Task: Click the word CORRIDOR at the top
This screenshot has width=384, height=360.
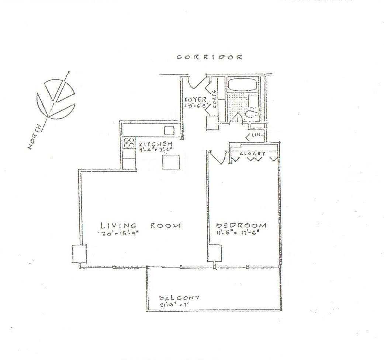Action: (x=209, y=57)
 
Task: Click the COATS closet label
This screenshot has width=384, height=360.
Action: (x=214, y=98)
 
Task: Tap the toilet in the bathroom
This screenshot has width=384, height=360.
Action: (x=255, y=115)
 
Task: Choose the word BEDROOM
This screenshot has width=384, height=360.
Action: (x=241, y=226)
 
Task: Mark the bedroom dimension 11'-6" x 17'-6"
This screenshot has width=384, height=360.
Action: (x=239, y=233)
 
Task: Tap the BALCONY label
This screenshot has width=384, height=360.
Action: (x=179, y=297)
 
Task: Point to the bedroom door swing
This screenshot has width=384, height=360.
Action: (x=218, y=158)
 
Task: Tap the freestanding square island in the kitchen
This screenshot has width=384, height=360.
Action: (x=171, y=162)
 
